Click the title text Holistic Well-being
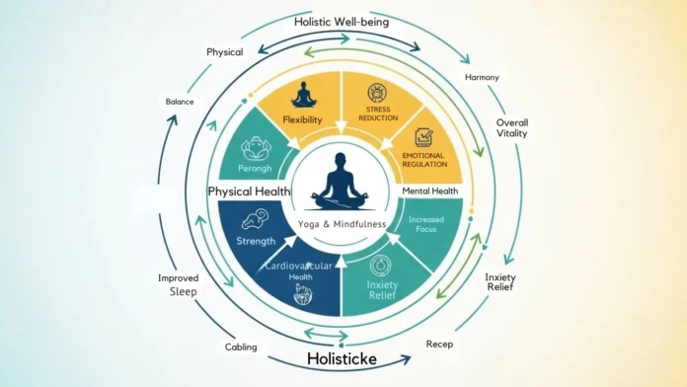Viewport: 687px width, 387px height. click(343, 21)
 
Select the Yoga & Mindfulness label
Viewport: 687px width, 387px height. click(343, 223)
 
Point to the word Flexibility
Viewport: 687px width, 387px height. click(303, 120)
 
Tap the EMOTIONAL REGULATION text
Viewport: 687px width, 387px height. click(423, 162)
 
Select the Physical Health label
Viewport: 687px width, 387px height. click(248, 190)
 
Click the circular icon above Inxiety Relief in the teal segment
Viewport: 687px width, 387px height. click(380, 265)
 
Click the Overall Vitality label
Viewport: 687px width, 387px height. click(514, 132)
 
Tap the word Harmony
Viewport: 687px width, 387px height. click(483, 78)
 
